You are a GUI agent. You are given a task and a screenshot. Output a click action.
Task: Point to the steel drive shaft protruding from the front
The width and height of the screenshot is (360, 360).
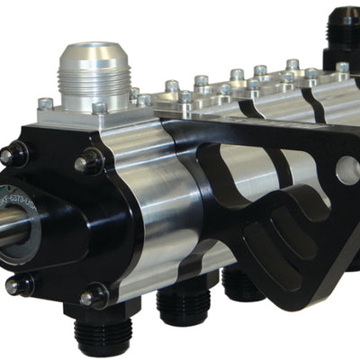[x=11, y=225]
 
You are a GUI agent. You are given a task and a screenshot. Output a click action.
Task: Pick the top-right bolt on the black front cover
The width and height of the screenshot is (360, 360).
[x=88, y=163]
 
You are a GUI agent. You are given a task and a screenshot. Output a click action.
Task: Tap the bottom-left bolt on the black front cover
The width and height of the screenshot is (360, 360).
[x=14, y=285]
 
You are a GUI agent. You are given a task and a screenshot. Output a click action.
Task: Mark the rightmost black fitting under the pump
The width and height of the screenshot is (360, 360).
[x=241, y=283]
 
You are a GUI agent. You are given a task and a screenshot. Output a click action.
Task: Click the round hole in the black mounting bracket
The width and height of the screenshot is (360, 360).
[x=346, y=168]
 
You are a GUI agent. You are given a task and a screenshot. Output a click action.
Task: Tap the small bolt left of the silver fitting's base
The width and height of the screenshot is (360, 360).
[x=45, y=103]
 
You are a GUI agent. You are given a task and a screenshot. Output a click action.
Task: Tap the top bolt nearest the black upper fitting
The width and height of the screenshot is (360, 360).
[x=342, y=67]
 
